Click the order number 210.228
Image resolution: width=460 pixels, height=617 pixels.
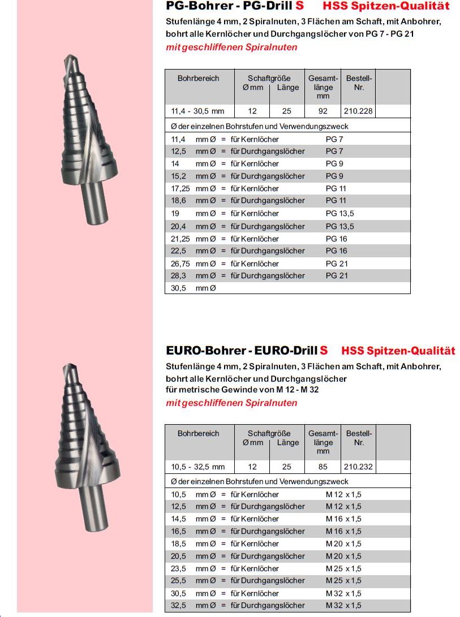pos(359,111)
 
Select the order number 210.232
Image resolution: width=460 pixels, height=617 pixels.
pos(359,467)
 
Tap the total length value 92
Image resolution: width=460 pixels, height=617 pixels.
pos(323,111)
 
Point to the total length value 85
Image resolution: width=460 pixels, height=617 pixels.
pos(323,467)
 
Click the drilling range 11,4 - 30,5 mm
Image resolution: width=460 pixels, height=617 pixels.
pos(198,111)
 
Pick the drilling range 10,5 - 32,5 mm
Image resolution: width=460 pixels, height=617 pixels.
pos(198,467)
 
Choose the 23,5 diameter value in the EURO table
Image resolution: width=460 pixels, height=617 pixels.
pos(179,568)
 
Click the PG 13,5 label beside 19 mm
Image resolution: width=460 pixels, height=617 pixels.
pos(339,214)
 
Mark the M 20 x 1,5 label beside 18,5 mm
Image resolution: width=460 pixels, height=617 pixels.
pos(343,543)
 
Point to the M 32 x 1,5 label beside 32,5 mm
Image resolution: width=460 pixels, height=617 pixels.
pos(343,606)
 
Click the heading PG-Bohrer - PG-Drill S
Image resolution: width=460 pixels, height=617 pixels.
pos(238,7)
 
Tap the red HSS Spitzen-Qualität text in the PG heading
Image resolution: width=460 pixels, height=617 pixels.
pos(386,7)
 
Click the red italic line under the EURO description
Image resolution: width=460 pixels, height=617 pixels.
pos(231,403)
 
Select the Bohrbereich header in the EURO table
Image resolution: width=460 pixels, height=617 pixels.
pos(198,433)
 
